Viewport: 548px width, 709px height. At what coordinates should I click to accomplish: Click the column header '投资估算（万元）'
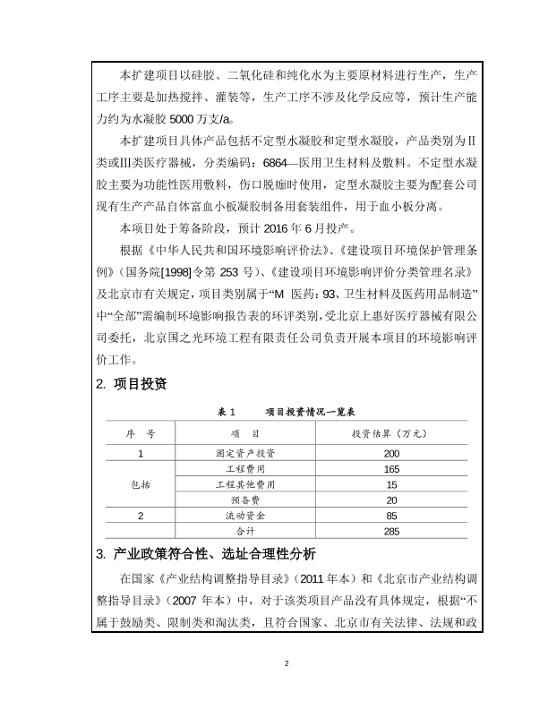(x=391, y=433)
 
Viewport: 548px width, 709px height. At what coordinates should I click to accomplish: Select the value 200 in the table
(x=391, y=454)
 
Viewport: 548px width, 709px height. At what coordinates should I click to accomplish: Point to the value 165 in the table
(x=391, y=469)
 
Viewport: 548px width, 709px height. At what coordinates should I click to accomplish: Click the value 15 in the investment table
(x=391, y=484)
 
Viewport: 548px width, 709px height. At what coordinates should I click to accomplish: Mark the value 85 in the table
(x=391, y=516)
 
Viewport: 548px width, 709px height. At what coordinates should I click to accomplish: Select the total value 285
(x=391, y=531)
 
